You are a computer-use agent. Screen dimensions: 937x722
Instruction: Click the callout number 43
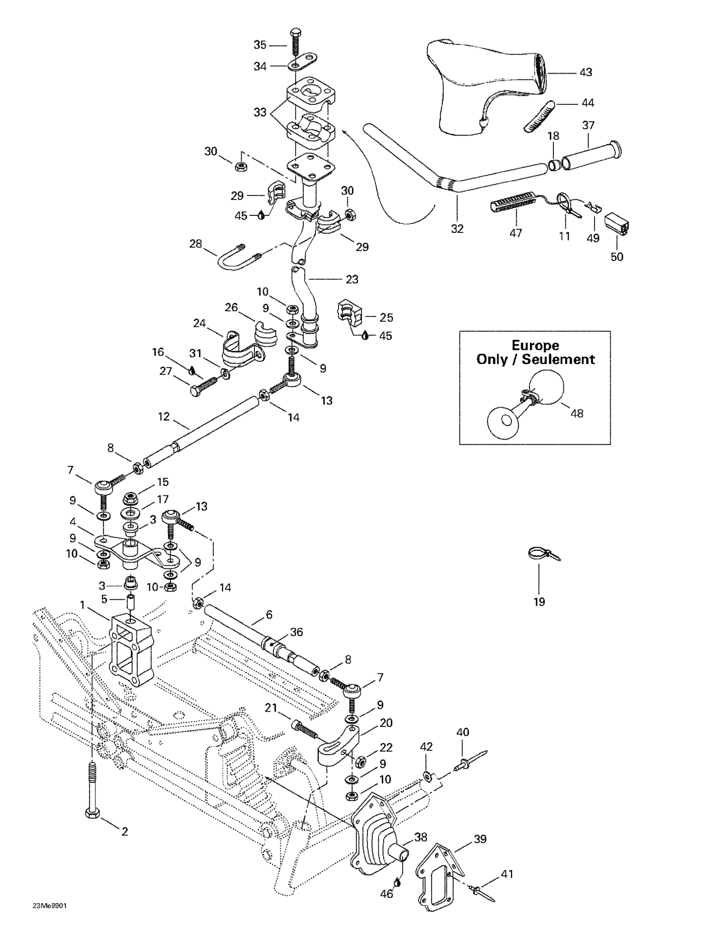586,73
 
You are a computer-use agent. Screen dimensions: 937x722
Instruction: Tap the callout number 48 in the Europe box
577,414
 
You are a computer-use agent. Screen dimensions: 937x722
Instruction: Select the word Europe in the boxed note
535,345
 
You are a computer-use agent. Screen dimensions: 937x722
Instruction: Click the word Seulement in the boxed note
558,359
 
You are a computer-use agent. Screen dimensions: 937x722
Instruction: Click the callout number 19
539,601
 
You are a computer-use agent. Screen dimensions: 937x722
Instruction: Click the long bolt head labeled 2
93,813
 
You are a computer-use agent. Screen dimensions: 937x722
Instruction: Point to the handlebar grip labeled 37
591,152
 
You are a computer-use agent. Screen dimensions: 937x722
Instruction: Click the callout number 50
617,257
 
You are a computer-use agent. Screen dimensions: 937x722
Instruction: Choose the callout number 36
296,632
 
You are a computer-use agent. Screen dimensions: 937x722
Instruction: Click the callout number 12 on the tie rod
164,417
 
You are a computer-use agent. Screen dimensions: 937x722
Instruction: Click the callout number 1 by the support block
82,605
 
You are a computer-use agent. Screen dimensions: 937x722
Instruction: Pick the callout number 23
352,279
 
